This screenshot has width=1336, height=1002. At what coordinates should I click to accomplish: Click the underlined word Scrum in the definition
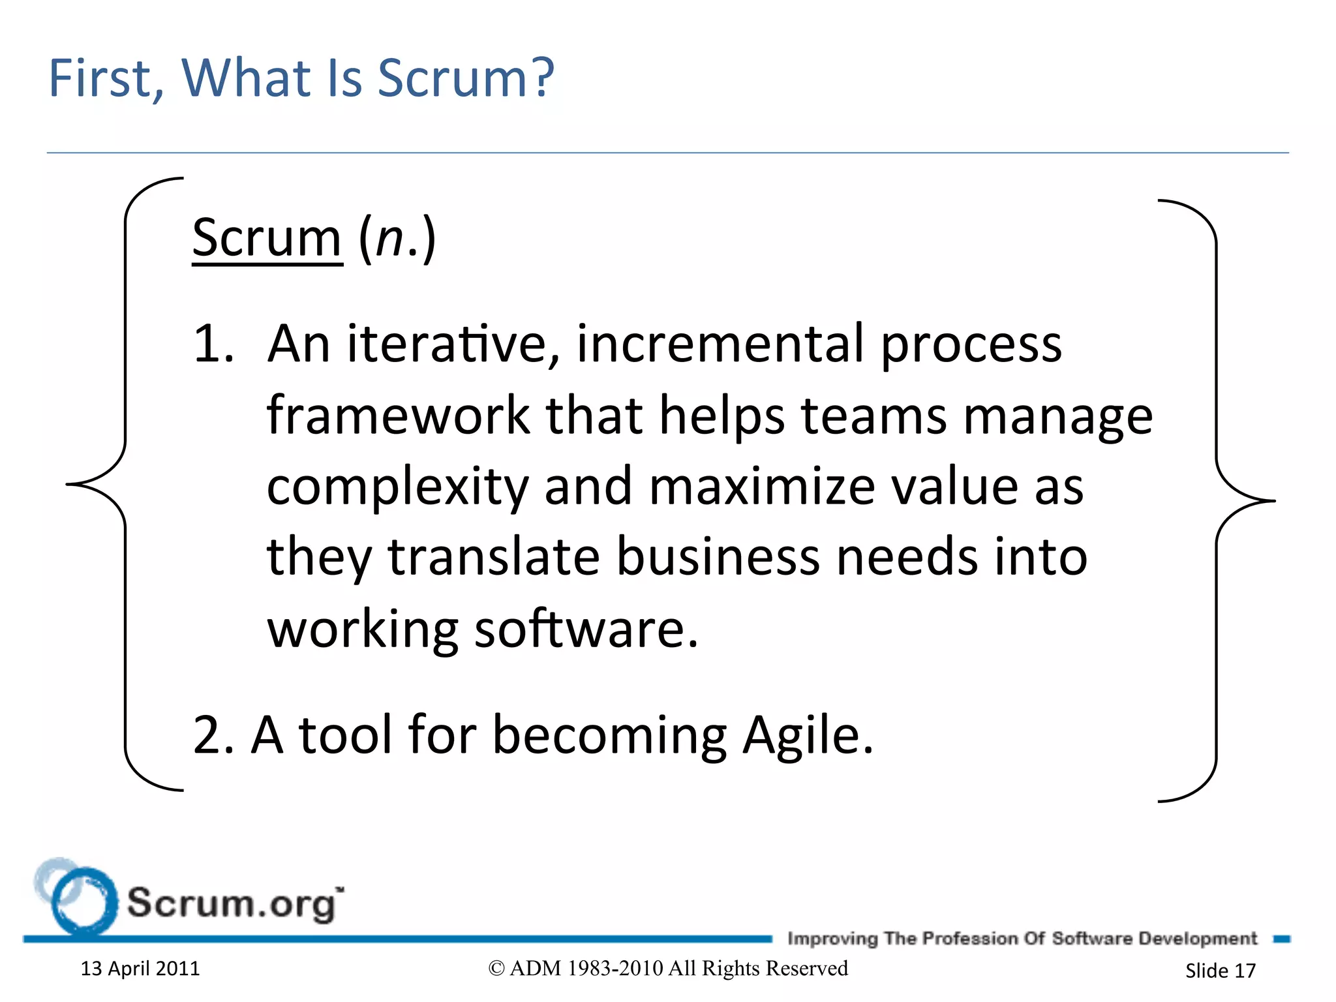pos(267,239)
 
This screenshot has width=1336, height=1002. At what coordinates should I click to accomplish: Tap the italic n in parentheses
pos(390,239)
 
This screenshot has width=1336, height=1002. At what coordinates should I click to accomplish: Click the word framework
pos(399,416)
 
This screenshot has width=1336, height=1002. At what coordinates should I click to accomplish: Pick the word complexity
pos(397,488)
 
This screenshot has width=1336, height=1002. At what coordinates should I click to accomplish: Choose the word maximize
pos(761,487)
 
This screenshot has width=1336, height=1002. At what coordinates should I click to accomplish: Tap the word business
pos(717,558)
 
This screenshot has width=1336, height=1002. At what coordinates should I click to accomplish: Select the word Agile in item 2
pos(807,736)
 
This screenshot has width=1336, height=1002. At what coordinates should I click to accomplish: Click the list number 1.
pos(212,344)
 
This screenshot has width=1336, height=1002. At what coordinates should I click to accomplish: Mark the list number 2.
pos(210,736)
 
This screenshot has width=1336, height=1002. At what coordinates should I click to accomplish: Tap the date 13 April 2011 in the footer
pos(140,969)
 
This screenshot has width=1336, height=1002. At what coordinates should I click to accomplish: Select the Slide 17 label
pos(1220,971)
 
